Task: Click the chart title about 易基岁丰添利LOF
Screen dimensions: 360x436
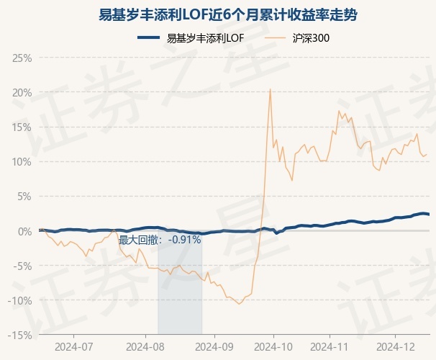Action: pyautogui.click(x=218, y=14)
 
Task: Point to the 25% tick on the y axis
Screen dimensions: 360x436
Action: pyautogui.click(x=22, y=58)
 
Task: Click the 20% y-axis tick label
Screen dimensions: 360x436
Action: pyautogui.click(x=22, y=92)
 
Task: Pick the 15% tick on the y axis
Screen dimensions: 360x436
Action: pyautogui.click(x=22, y=127)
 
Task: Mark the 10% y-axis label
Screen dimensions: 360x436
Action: pyautogui.click(x=22, y=161)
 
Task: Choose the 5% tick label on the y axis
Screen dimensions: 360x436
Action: pyautogui.click(x=24, y=196)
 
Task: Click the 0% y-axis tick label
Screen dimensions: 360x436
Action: pyautogui.click(x=24, y=231)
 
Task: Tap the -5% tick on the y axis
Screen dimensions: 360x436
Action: pyautogui.click(x=22, y=266)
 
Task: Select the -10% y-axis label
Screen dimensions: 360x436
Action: pyautogui.click(x=20, y=300)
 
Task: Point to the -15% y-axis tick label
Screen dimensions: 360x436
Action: pyautogui.click(x=20, y=335)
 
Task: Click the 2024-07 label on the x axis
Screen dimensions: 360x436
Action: pyautogui.click(x=74, y=346)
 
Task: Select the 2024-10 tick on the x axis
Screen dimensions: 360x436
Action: pyautogui.click(x=274, y=346)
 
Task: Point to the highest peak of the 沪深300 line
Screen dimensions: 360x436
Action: pyautogui.click(x=270, y=89)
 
